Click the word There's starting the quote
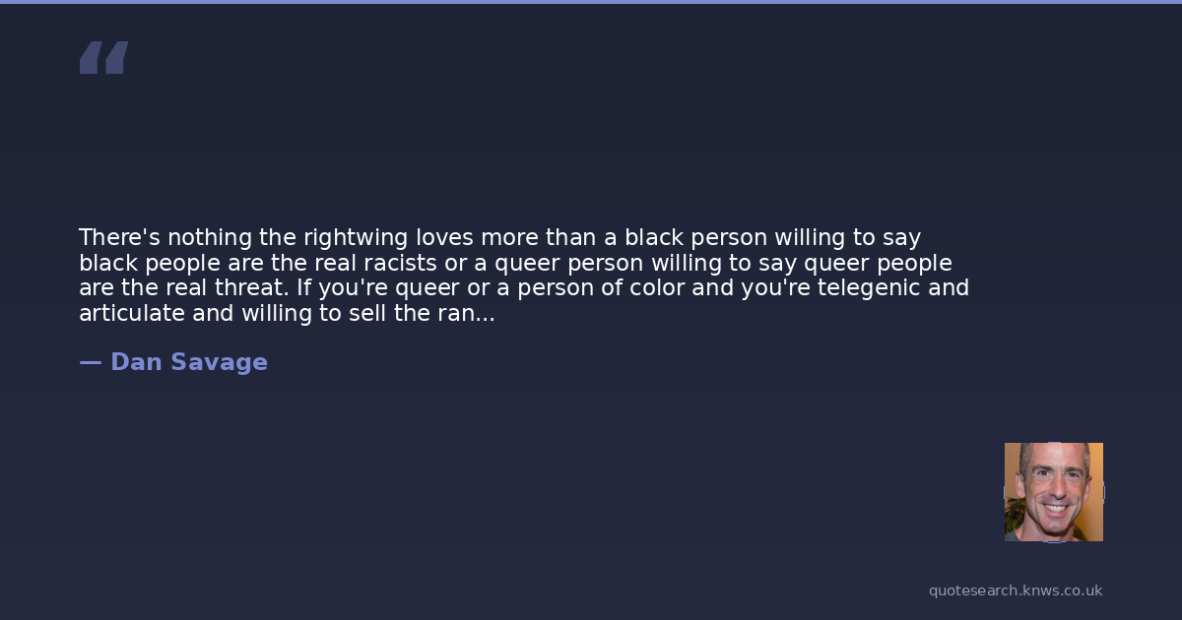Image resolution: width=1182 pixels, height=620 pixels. click(x=119, y=237)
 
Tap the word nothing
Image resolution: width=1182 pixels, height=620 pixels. click(x=210, y=238)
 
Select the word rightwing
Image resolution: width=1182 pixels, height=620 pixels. click(x=356, y=238)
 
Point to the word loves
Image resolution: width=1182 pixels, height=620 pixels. click(x=444, y=237)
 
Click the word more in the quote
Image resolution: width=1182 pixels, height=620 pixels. click(x=509, y=239)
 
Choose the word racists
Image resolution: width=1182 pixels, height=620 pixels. click(x=400, y=263)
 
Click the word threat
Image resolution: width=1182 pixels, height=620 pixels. click(x=252, y=287)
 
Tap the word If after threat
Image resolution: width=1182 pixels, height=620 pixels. click(x=303, y=287)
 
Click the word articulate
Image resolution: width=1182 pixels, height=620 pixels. click(x=132, y=313)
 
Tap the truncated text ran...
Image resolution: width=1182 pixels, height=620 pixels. click(x=466, y=315)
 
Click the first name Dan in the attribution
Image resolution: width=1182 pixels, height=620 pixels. click(x=136, y=362)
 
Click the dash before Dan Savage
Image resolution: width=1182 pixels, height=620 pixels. click(x=91, y=363)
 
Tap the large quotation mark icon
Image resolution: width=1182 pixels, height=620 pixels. click(x=104, y=57)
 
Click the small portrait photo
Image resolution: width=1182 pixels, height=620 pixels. click(x=1054, y=492)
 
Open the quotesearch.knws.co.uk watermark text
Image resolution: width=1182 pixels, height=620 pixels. click(x=1016, y=591)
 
